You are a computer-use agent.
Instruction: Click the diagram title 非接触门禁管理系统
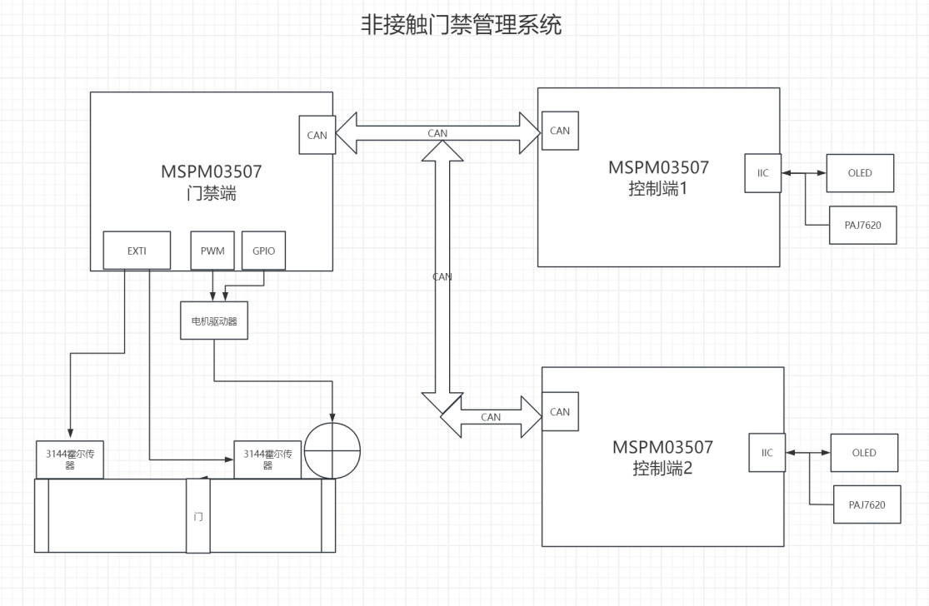click(461, 25)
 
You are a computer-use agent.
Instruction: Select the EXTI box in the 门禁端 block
click(137, 250)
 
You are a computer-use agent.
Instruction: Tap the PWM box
click(212, 250)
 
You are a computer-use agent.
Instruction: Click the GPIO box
click(263, 250)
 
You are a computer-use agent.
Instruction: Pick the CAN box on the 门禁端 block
click(317, 135)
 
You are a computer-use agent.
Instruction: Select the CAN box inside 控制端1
click(560, 131)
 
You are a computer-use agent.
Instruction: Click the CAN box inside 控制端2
click(560, 411)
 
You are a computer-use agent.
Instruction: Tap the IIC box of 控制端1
click(763, 173)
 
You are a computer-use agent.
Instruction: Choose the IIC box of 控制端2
click(767, 453)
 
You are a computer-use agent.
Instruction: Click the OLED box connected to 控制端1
click(860, 173)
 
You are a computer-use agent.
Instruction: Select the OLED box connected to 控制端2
click(864, 453)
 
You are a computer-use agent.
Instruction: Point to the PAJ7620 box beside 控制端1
click(863, 226)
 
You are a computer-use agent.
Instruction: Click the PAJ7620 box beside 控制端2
click(867, 504)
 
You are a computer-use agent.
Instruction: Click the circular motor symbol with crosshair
click(332, 451)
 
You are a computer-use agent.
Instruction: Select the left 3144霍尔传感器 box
click(69, 459)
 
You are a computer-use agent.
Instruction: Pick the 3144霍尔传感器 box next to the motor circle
click(267, 459)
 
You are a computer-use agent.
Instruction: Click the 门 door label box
click(197, 516)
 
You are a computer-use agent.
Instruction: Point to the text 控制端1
click(658, 188)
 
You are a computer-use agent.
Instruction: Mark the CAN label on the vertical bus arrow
click(442, 276)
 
